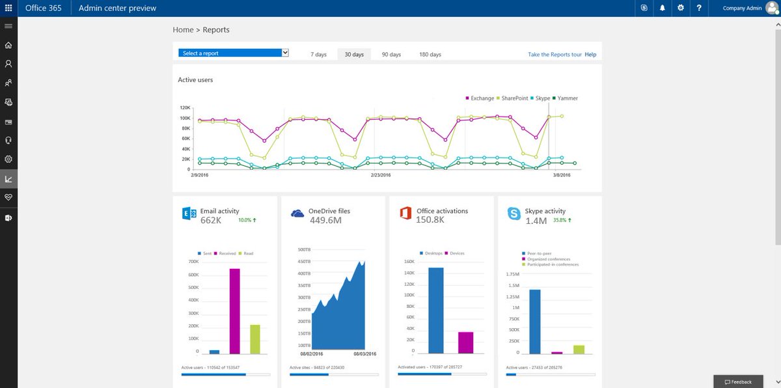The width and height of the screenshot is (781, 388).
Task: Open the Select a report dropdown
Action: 234,53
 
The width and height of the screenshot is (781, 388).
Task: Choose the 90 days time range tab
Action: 391,55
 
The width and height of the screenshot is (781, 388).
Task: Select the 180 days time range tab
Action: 430,55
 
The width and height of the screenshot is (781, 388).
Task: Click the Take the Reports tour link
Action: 555,55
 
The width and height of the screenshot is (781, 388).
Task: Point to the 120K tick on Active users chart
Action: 185,108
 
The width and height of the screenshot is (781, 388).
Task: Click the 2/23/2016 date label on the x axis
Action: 381,175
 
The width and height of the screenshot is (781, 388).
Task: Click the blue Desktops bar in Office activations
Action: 436,311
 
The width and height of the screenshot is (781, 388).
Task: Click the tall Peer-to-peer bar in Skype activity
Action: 535,322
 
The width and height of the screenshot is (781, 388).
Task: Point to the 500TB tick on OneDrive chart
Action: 304,249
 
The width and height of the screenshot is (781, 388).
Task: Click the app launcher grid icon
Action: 8,8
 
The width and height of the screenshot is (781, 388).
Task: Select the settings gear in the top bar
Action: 680,8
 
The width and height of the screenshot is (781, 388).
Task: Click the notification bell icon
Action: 662,8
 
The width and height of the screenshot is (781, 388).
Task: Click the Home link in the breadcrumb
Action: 183,30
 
